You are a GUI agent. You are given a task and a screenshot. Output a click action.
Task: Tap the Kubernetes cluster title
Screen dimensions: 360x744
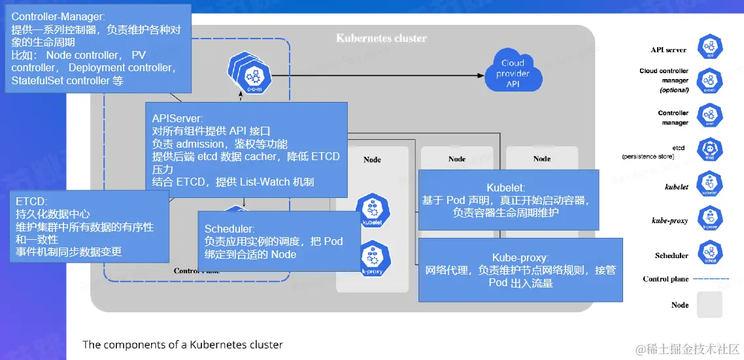tap(381, 38)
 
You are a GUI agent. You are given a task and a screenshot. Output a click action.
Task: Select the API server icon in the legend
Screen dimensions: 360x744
tap(709, 48)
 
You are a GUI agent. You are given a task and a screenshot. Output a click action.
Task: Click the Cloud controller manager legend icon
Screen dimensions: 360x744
tap(709, 81)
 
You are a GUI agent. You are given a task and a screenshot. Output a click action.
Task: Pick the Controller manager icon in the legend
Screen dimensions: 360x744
tap(709, 117)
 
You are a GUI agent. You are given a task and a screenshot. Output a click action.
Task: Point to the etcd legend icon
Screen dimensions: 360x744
tap(709, 150)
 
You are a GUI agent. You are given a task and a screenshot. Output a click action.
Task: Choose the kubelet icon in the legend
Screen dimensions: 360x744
tap(709, 185)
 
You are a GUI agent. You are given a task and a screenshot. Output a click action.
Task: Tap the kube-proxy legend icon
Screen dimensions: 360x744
tap(709, 219)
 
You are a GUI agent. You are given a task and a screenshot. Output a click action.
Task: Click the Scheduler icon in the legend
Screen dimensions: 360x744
tap(709, 253)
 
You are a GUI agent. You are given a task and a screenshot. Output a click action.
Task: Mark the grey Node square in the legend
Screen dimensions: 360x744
tap(709, 304)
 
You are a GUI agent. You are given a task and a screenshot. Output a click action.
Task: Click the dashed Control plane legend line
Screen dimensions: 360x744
tap(711, 279)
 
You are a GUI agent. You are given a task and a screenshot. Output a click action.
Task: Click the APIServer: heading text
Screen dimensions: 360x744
tap(178, 118)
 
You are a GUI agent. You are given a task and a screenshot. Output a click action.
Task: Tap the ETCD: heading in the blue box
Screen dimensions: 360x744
tap(32, 201)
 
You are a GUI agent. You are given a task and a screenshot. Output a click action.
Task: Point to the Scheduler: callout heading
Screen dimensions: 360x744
tap(229, 229)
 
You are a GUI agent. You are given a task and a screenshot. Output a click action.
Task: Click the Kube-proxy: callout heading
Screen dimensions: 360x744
tap(520, 257)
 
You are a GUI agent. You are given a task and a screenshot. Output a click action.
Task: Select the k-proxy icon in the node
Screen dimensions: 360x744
tap(371, 257)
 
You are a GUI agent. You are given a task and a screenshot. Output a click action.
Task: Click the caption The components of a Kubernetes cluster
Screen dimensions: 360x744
tap(182, 344)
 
